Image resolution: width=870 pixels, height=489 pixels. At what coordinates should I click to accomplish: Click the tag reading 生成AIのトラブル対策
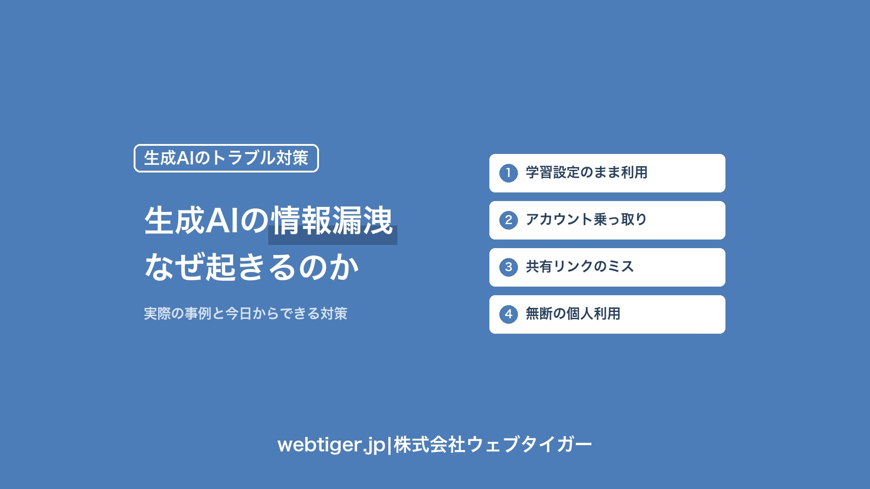tap(226, 158)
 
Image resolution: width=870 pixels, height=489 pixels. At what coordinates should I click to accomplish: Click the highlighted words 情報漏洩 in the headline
tap(332, 221)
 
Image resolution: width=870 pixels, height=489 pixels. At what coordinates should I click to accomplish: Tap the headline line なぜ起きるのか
tap(252, 267)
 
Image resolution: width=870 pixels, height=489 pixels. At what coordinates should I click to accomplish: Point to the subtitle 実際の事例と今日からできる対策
tap(246, 313)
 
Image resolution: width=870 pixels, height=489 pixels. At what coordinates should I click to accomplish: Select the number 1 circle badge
tap(508, 173)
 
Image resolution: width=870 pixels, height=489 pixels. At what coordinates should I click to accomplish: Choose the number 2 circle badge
tap(508, 220)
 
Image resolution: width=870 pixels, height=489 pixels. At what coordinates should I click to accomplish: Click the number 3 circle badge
tap(508, 267)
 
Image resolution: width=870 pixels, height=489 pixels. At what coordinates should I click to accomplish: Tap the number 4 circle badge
tap(508, 314)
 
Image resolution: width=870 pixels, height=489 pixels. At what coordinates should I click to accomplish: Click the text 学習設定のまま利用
tap(586, 173)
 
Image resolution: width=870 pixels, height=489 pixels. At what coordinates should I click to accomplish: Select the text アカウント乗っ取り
tap(586, 220)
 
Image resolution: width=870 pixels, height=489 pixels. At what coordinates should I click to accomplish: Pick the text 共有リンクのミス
tap(580, 267)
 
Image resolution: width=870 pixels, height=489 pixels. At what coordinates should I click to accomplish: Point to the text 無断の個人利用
tap(573, 314)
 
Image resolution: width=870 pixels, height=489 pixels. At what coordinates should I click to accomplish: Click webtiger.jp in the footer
tap(331, 445)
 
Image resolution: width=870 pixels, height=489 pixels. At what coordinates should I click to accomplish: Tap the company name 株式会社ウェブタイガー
tap(493, 445)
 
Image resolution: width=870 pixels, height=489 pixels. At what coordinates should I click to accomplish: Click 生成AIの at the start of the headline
tap(207, 221)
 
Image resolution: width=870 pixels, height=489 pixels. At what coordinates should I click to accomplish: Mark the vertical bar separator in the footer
tap(390, 445)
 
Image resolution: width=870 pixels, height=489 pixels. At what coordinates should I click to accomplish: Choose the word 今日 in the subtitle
tap(239, 313)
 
